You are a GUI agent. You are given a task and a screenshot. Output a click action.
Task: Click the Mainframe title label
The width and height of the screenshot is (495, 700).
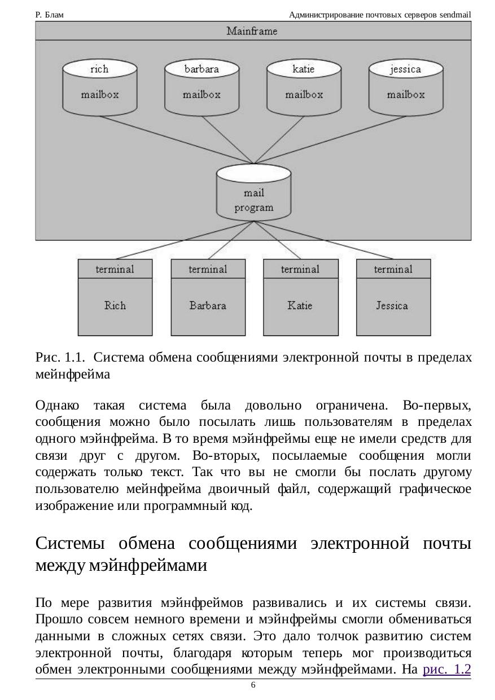click(252, 31)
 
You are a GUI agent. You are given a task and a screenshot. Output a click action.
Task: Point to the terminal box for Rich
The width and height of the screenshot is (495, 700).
click(115, 297)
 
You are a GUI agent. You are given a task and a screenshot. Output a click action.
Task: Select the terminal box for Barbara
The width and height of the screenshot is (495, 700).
click(208, 297)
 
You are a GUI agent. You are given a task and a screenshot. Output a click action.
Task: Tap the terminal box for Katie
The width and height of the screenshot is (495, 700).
click(300, 297)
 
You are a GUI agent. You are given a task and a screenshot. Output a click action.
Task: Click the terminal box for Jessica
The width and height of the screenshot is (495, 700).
click(393, 297)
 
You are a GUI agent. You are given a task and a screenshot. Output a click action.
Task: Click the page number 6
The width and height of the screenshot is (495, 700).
click(253, 685)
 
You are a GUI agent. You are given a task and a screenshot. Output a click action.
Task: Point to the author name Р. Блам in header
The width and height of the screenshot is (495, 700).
click(49, 15)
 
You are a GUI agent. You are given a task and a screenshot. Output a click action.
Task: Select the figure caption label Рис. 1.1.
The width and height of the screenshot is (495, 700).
click(60, 357)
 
